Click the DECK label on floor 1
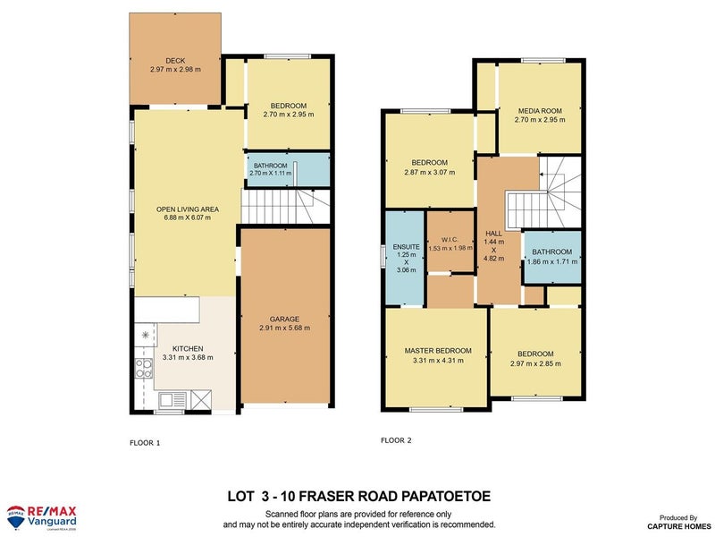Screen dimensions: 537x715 (x=174, y=61)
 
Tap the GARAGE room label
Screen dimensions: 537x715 (x=284, y=319)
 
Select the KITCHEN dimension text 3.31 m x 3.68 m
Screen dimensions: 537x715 (x=189, y=358)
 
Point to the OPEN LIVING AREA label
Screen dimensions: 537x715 (x=188, y=209)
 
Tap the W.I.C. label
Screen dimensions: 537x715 (x=450, y=239)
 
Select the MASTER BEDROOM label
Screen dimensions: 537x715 (x=437, y=351)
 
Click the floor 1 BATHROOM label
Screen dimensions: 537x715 (x=270, y=166)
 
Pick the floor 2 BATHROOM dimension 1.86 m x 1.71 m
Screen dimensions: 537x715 (x=551, y=262)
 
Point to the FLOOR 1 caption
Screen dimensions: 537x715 (x=146, y=442)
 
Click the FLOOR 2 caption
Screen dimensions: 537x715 (x=396, y=440)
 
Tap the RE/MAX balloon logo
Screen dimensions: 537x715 (x=16, y=516)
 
